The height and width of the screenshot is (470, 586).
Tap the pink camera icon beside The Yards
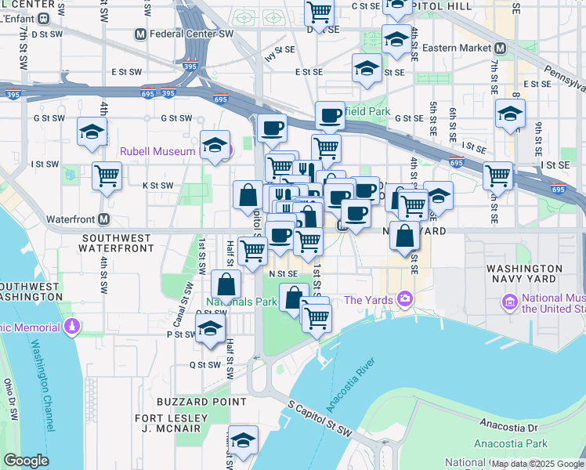[404, 298]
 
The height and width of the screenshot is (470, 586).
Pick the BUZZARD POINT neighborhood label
[193, 402]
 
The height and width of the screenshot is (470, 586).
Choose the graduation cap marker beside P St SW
[210, 329]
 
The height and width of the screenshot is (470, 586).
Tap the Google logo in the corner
[26, 461]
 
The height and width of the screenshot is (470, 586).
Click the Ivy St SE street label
[280, 53]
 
